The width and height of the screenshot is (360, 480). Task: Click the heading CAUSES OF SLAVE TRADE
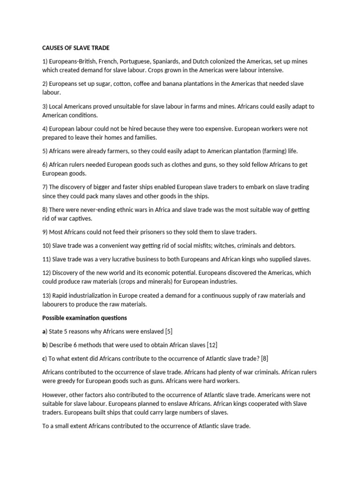(75, 48)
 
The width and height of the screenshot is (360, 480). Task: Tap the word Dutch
(221, 61)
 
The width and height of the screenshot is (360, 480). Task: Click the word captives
(82, 218)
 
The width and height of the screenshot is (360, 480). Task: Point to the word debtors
(284, 245)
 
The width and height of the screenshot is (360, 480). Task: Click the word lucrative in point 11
(119, 259)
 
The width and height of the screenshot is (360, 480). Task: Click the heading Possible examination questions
(84, 318)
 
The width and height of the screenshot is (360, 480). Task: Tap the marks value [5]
(169, 331)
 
